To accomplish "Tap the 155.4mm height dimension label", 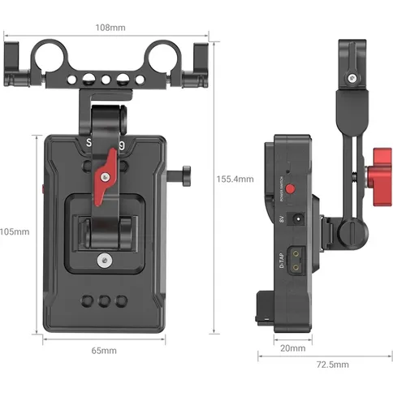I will tap(235, 179).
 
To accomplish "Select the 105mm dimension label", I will tap(14, 231).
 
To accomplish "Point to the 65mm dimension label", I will tap(103, 351).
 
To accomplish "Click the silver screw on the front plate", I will tap(104, 261).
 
